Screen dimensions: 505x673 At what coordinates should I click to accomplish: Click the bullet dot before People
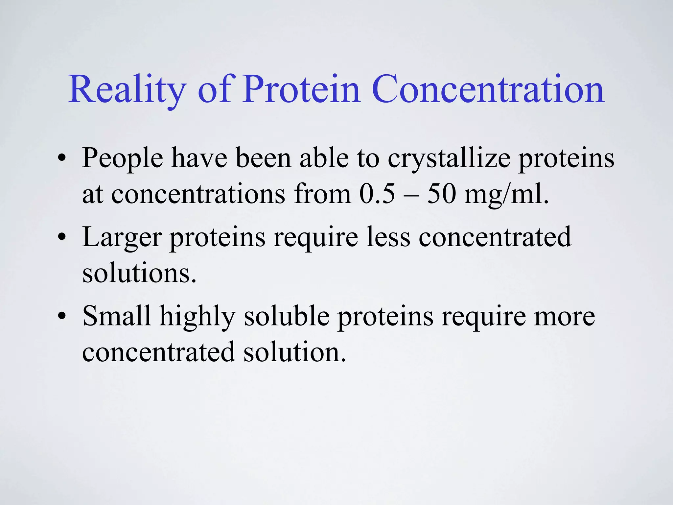pyautogui.click(x=61, y=159)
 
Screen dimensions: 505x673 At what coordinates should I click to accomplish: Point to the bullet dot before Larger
pyautogui.click(x=61, y=238)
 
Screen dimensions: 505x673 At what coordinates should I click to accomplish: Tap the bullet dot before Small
pyautogui.click(x=61, y=316)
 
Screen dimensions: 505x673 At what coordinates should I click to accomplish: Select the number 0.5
pyautogui.click(x=377, y=194)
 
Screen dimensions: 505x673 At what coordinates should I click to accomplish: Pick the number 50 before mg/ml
pyautogui.click(x=441, y=194)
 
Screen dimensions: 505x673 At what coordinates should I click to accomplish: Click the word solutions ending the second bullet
pyautogui.click(x=139, y=273)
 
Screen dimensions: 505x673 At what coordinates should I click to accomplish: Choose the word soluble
pyautogui.click(x=287, y=316)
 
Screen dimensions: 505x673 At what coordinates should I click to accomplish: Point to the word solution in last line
pyautogui.click(x=294, y=352)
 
